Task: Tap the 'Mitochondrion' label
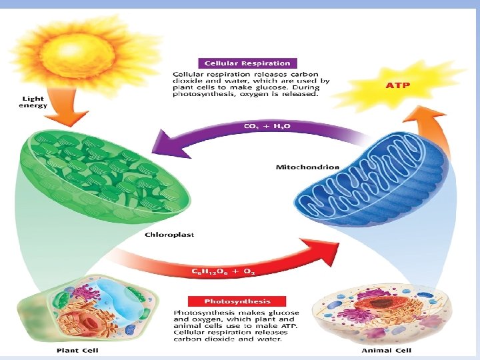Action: pyautogui.click(x=307, y=167)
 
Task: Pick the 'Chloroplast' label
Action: pyautogui.click(x=169, y=235)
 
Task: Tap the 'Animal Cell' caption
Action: pyautogui.click(x=386, y=350)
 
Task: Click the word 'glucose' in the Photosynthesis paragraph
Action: pyautogui.click(x=285, y=313)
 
